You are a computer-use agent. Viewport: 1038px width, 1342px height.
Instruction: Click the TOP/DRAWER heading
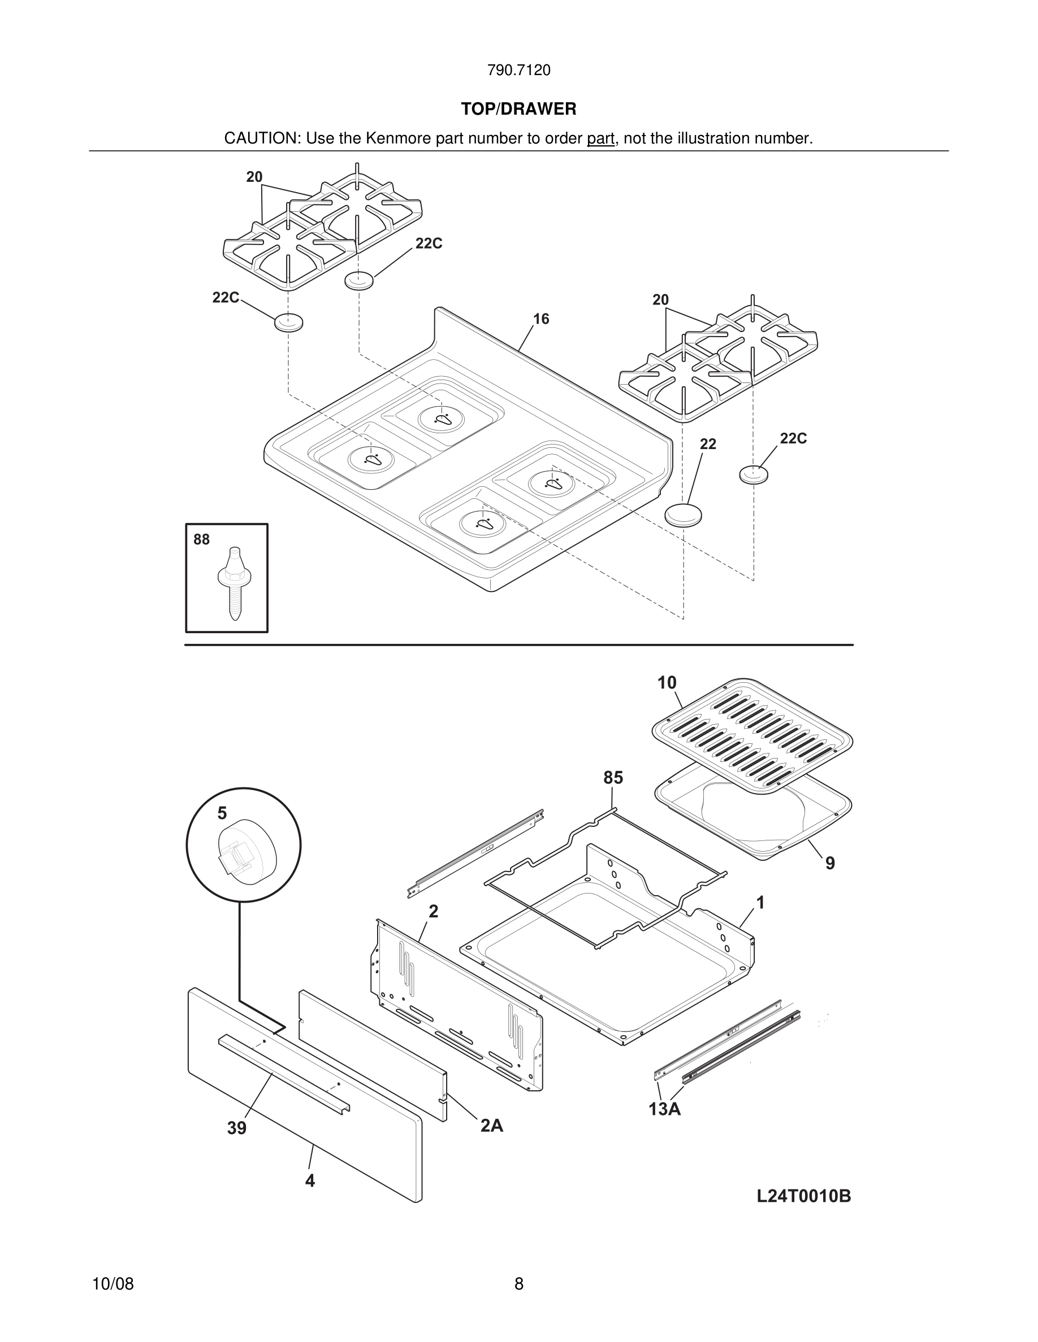pos(518,110)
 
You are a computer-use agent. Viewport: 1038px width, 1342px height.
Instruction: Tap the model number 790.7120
pos(518,71)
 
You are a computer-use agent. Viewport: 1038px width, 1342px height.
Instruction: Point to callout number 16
pos(540,319)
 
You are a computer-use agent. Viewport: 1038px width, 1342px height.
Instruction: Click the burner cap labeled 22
pos(683,515)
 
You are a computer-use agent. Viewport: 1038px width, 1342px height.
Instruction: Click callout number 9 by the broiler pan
pos(829,864)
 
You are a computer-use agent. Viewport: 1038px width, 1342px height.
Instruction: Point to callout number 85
pos(612,778)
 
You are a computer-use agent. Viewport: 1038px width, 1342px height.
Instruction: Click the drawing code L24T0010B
pos(803,1196)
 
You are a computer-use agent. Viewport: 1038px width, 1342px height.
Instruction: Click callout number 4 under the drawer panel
pos(310,1180)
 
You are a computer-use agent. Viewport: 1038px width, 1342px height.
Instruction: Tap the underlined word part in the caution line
pos(600,139)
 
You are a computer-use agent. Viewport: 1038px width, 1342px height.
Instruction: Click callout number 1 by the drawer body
pos(760,903)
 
